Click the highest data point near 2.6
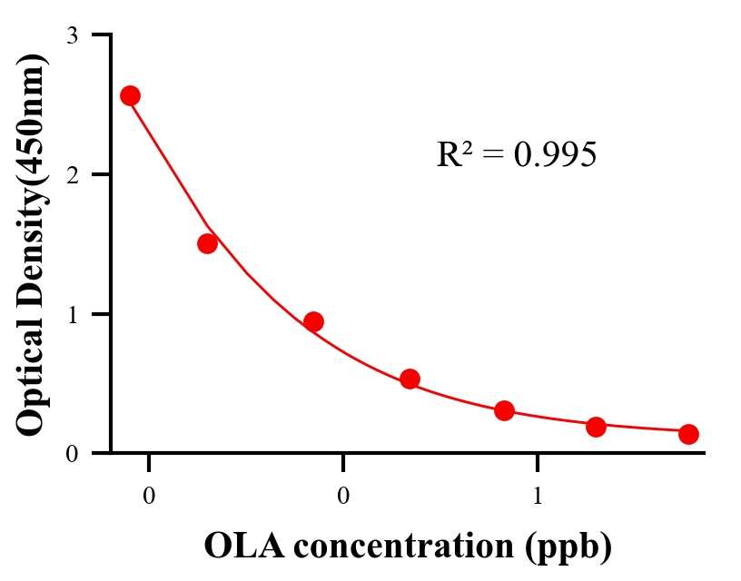(x=130, y=95)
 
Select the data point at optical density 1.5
(x=207, y=243)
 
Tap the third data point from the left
(x=313, y=321)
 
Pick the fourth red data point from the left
(x=410, y=379)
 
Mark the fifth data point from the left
(x=505, y=410)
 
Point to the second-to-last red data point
(x=596, y=427)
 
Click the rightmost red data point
(x=688, y=434)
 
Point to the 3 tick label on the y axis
(x=73, y=35)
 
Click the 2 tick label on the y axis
(x=73, y=174)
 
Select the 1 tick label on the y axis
(x=73, y=314)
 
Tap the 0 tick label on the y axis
(x=73, y=454)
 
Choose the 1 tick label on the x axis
(x=538, y=497)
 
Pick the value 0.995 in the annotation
(x=556, y=155)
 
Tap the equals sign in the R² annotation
(x=492, y=156)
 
